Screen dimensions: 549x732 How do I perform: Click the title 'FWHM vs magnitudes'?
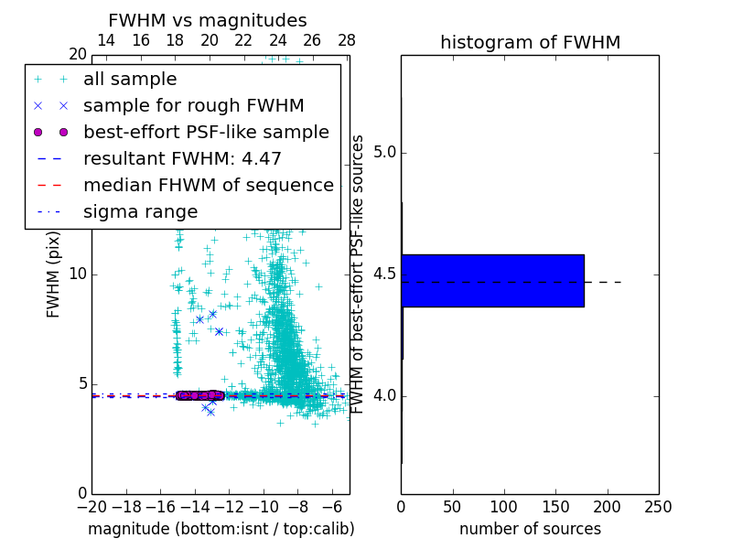point(208,20)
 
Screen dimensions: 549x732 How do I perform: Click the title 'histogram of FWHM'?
point(530,42)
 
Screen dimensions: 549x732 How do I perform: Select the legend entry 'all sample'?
point(130,80)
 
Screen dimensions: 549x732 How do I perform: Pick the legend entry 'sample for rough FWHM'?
point(193,105)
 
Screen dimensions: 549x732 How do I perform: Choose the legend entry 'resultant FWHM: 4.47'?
point(182,158)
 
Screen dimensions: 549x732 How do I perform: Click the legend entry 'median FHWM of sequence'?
point(208,185)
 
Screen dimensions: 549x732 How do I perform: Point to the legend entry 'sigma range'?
point(140,211)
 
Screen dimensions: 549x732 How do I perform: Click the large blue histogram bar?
point(492,280)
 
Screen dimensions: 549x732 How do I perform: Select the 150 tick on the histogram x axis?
point(555,506)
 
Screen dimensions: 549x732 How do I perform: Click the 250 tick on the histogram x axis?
point(658,506)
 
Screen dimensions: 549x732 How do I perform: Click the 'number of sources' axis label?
point(530,529)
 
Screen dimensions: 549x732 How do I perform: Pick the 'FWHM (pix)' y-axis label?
point(54,274)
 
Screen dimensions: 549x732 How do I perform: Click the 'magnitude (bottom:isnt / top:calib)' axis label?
point(221,529)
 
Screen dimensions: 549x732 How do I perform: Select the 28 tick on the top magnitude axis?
point(347,40)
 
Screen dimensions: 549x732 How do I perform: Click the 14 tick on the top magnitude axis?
point(106,40)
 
